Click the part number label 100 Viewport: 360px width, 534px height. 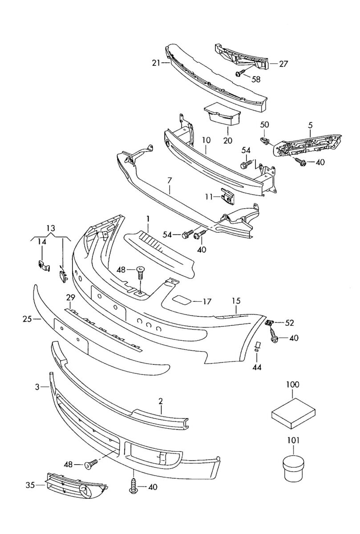click(293, 384)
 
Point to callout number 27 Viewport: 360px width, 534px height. click(284, 64)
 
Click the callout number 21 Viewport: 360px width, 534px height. click(155, 64)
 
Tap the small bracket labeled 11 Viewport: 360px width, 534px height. click(227, 196)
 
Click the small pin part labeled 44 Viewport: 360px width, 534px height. click(257, 347)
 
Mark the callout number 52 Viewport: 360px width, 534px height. click(290, 322)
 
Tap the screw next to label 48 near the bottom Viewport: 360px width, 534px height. click(91, 465)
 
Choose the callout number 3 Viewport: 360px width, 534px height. click(37, 387)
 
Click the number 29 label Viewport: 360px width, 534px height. click(70, 297)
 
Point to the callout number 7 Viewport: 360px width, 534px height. click(170, 181)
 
